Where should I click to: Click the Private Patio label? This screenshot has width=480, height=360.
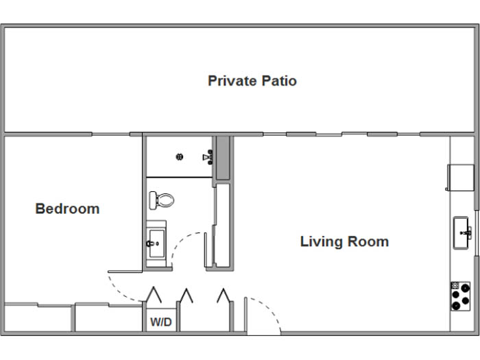252,81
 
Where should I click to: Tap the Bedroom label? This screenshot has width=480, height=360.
67,208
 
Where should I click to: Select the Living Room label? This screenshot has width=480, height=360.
344,241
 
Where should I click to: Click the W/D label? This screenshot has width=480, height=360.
161,322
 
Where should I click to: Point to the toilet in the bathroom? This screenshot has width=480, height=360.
162,200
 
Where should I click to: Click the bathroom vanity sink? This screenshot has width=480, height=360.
156,244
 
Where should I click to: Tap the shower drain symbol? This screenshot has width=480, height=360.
180,157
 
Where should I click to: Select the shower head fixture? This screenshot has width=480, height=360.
208,157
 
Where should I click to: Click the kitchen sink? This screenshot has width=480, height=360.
461,233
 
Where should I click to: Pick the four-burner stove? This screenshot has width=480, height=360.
460,296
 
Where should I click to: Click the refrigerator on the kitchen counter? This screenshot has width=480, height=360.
460,178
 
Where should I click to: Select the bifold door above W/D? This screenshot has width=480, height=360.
154,295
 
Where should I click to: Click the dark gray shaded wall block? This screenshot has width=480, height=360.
223,158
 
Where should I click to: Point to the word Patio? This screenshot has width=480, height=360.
279,81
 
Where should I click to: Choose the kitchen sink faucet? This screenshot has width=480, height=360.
466,233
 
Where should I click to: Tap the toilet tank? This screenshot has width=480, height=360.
152,200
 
